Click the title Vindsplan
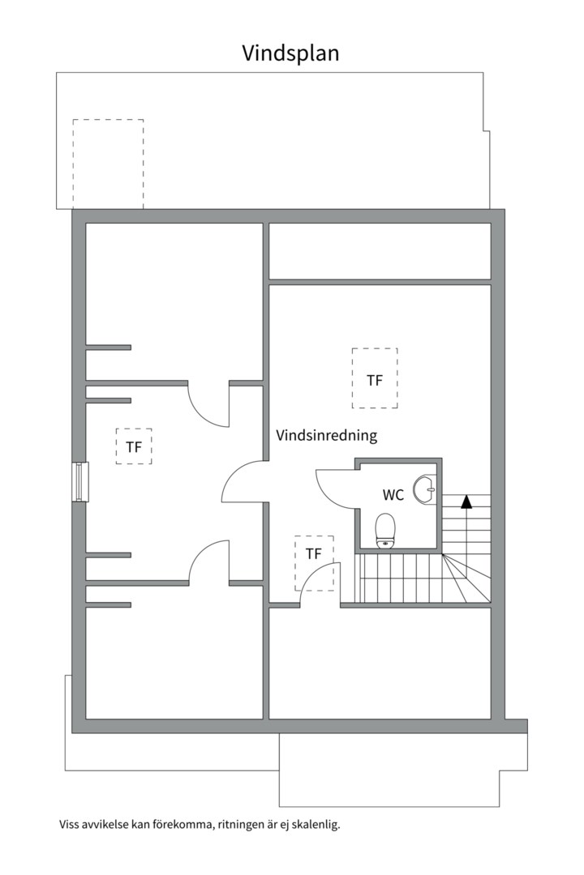[290, 53]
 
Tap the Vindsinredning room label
[327, 435]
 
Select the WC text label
[393, 494]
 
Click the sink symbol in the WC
[424, 489]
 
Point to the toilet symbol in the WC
[386, 531]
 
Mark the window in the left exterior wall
[79, 482]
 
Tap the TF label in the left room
[134, 446]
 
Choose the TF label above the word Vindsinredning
[374, 379]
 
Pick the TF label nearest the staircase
[314, 554]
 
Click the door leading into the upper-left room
[208, 403]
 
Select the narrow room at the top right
[380, 251]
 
